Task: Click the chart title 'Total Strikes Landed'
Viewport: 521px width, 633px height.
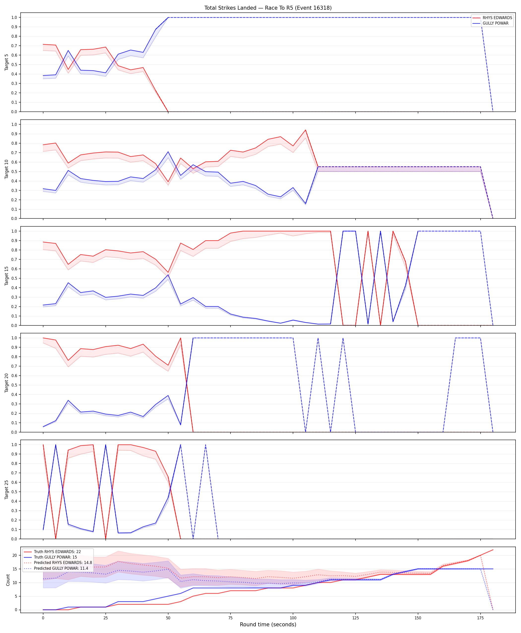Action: [230, 8]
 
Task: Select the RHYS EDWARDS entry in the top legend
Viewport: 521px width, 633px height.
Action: [492, 18]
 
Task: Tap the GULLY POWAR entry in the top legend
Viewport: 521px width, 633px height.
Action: [491, 23]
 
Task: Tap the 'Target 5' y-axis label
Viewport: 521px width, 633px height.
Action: [7, 62]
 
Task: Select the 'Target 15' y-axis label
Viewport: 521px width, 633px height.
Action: [7, 276]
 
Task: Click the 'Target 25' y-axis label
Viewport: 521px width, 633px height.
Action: [7, 490]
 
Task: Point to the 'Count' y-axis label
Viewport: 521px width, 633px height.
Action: [8, 580]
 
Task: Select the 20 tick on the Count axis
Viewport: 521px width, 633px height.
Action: [15, 556]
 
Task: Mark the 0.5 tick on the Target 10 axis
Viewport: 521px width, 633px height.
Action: [14, 172]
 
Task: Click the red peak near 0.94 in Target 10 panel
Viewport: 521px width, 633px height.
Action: [305, 130]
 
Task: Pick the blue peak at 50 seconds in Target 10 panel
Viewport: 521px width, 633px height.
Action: [168, 152]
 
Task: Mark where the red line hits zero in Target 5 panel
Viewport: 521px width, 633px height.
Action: [168, 112]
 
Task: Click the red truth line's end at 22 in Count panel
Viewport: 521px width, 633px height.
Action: [493, 550]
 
